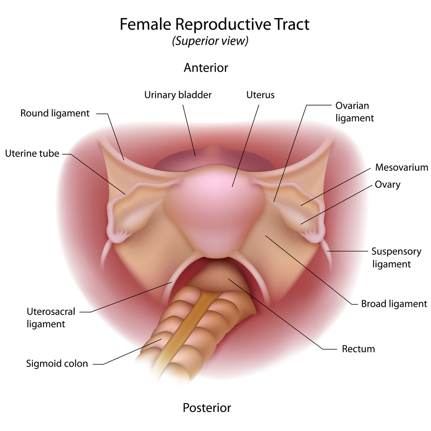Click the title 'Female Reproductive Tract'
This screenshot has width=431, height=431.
coord(214,24)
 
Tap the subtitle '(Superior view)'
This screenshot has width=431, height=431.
coord(210,41)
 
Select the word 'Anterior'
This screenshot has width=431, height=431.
coord(206,68)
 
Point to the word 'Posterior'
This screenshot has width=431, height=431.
coord(207,408)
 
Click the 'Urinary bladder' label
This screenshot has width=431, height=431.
coord(178,95)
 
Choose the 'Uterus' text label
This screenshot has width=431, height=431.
coord(260,95)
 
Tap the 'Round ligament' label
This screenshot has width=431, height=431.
coord(55,113)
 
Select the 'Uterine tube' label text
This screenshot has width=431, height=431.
coord(32,153)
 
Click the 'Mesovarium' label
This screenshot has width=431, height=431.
coord(402,167)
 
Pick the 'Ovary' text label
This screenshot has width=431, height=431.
coord(387,185)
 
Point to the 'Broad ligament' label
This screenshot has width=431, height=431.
coord(394,304)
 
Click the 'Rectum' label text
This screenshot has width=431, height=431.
coord(359,349)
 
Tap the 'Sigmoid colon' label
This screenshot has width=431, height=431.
coord(57,364)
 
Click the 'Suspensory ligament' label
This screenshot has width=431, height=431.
coord(397,258)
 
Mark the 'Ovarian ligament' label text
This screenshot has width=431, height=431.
coord(355,112)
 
